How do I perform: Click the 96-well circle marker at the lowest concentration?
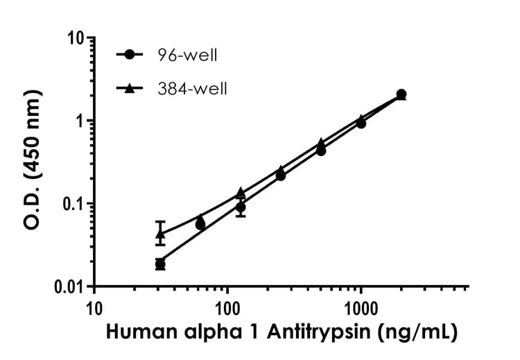click(x=160, y=264)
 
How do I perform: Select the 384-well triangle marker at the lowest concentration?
click(x=160, y=234)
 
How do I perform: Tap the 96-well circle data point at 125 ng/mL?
click(x=241, y=207)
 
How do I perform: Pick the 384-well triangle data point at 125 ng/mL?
click(x=241, y=192)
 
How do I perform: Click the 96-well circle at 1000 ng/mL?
click(x=361, y=123)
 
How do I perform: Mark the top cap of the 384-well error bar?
click(x=160, y=221)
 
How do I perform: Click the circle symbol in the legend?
click(x=130, y=54)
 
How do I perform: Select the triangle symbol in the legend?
click(x=130, y=88)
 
